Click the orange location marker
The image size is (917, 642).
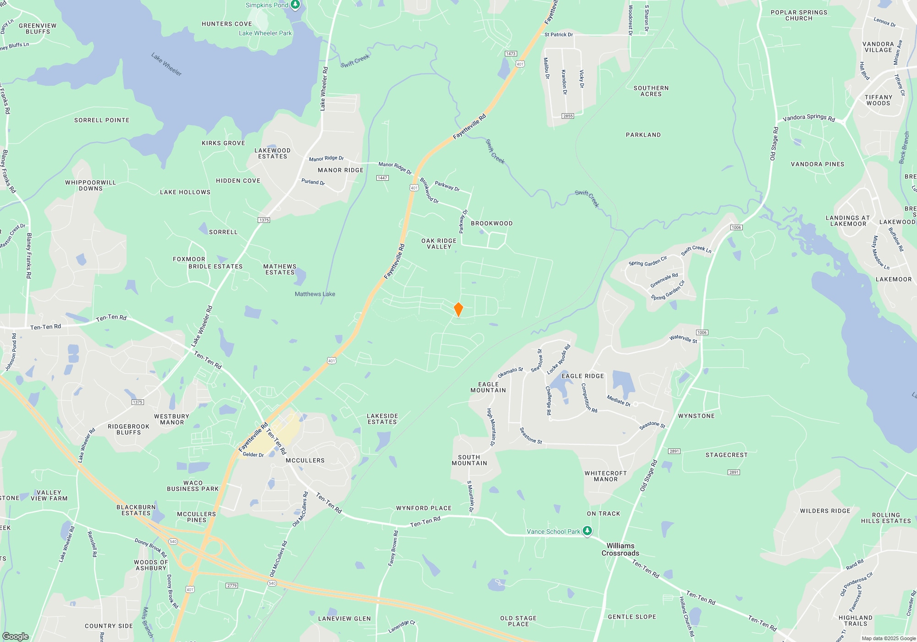pos(458,310)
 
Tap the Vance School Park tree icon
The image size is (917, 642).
pos(587,531)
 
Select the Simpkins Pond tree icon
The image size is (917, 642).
pos(296,5)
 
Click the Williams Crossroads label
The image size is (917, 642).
pos(620,549)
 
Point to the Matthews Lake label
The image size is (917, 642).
pos(315,294)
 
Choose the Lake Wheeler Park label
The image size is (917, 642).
pos(265,33)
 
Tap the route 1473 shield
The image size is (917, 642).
pos(511,54)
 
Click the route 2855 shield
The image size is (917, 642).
pos(568,116)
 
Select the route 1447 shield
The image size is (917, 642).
pos(382,178)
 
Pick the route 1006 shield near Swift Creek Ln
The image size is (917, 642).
pos(736,227)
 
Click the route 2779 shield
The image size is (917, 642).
pos(232,586)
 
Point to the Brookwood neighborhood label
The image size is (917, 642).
pos(492,223)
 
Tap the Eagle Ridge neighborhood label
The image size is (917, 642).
pos(583,376)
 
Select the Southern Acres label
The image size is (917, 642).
pos(651,91)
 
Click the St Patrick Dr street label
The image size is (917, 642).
pos(558,34)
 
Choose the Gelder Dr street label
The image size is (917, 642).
pos(253,455)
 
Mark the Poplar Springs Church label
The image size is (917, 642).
pos(799,16)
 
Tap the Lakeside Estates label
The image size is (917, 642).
pos(382,419)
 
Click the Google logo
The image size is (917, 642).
pos(15,636)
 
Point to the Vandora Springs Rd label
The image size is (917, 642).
pos(809,118)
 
